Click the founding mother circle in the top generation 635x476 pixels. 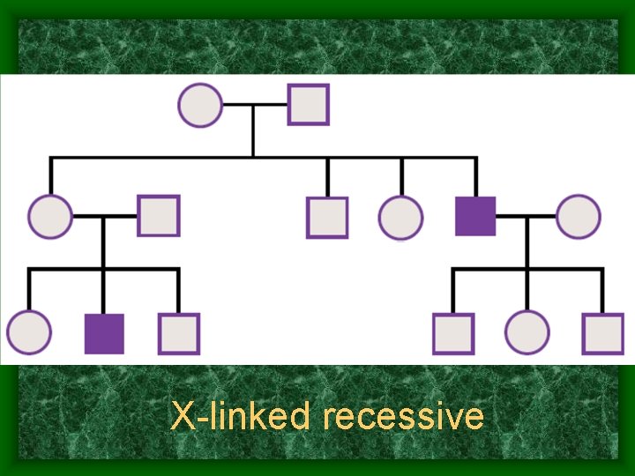(200, 105)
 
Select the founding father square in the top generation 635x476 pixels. (308, 105)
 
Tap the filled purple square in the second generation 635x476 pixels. (475, 216)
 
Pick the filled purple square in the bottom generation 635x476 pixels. (104, 333)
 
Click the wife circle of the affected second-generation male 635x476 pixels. (579, 216)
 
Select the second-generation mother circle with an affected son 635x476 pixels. (50, 216)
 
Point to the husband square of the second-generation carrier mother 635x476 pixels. (159, 216)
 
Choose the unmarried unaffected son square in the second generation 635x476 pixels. (327, 217)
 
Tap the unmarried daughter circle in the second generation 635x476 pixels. (401, 217)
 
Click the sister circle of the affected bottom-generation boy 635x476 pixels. (29, 333)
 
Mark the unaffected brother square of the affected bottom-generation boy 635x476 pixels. (179, 333)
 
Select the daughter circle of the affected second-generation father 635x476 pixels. (527, 333)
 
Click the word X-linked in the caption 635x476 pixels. (239, 416)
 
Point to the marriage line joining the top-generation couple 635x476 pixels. (254, 105)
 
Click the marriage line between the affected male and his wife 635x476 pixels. (527, 216)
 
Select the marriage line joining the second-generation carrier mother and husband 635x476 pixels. (104, 216)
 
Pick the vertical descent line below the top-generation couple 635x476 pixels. (254, 131)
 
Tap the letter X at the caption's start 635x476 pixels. (182, 416)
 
